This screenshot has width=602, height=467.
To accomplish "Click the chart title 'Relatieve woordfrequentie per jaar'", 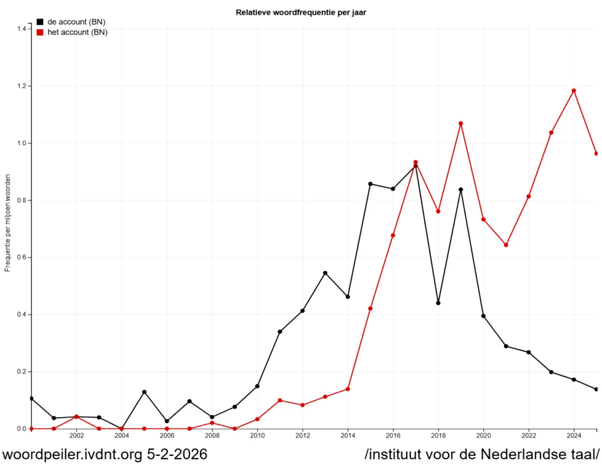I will click(x=300, y=12).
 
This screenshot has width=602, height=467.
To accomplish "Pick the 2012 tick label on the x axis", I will click(x=302, y=436).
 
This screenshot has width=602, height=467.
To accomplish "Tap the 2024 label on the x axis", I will click(x=574, y=436).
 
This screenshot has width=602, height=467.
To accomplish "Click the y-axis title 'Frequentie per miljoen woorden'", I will click(x=8, y=223).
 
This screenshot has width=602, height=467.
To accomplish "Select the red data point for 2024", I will click(x=574, y=91).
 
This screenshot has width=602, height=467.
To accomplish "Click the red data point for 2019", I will click(x=461, y=124).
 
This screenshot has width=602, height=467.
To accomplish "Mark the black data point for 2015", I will click(x=370, y=184).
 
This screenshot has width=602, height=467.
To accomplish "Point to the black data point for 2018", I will click(x=438, y=303).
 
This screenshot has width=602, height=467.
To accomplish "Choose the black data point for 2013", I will click(x=325, y=273).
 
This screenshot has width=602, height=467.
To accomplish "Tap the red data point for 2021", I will click(x=506, y=245).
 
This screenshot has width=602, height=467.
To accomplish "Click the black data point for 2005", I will click(x=144, y=392).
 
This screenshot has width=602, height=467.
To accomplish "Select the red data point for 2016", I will click(x=393, y=235).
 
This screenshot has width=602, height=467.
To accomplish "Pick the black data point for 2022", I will click(x=529, y=352).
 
